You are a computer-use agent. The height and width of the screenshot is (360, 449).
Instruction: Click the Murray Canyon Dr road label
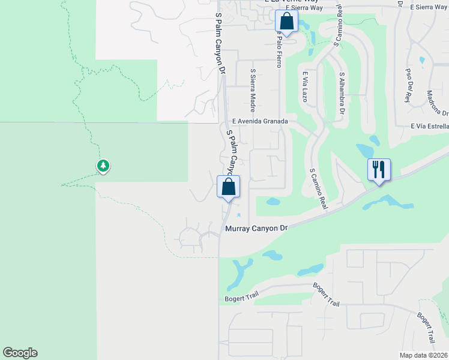256,229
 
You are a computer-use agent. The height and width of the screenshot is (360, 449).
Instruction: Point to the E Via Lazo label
305,86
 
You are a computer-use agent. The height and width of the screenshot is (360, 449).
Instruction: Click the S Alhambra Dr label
342,94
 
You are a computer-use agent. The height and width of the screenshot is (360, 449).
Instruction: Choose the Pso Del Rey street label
409,85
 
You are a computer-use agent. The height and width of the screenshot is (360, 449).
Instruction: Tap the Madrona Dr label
438,103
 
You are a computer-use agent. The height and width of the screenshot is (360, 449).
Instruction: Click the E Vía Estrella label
430,127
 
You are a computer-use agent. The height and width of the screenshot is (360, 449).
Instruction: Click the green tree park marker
103,166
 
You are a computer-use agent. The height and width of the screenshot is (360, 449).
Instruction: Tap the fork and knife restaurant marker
378,169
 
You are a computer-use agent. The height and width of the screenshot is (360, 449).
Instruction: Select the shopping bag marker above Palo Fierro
287,22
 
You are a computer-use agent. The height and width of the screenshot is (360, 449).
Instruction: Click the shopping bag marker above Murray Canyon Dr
228,186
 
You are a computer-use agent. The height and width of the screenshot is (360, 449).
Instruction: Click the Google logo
20,353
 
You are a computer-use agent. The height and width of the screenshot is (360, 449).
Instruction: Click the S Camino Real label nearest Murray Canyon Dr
319,188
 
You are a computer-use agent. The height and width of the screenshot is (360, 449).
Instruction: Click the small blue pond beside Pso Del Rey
422,61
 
